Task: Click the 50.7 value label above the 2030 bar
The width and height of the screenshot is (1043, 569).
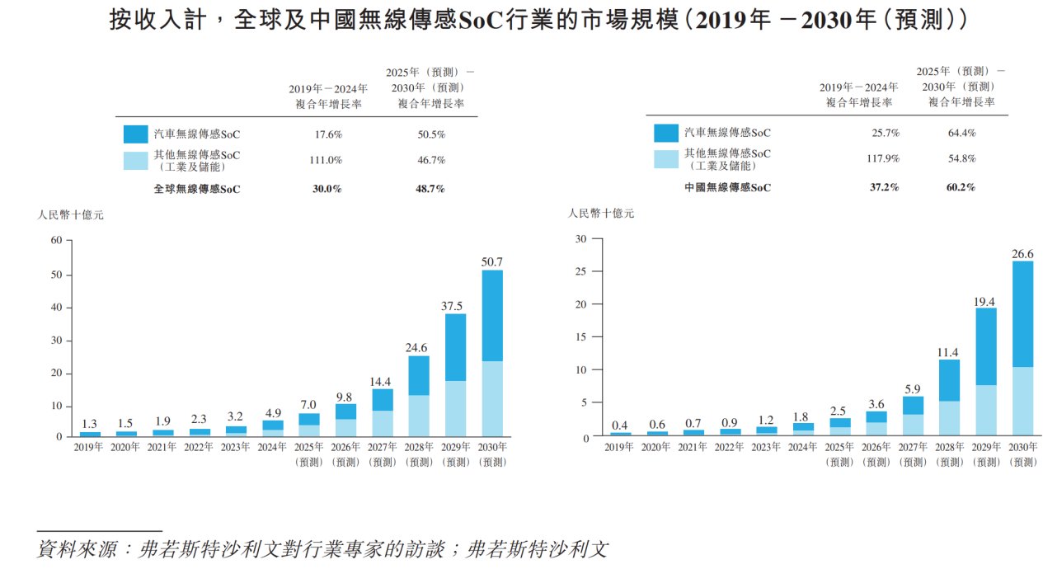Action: pos(491,262)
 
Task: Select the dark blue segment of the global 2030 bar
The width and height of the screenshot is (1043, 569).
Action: pos(491,315)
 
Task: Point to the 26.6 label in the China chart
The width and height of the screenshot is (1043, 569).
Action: pos(1022,254)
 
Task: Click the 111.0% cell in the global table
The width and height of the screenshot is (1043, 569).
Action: pos(326,160)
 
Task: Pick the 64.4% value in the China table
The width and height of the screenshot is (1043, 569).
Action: pos(961,133)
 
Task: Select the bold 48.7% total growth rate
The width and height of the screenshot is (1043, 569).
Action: pos(430,189)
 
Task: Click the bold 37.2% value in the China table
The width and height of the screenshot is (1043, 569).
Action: pos(885,187)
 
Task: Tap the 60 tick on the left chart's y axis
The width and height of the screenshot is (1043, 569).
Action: pos(57,241)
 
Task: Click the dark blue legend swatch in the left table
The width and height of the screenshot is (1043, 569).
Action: pos(135,134)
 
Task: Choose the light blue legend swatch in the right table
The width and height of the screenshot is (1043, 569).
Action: pos(665,158)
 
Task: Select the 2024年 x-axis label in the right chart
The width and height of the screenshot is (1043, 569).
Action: pos(802,447)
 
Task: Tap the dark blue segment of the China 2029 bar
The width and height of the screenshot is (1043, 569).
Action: pos(986,346)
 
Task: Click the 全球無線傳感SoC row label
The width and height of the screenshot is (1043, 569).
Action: pos(197,189)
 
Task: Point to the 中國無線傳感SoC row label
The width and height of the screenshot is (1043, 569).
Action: pos(727,187)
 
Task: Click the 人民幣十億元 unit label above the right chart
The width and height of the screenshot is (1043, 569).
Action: pos(601,214)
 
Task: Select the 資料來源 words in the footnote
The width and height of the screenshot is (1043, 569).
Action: pos(73,549)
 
